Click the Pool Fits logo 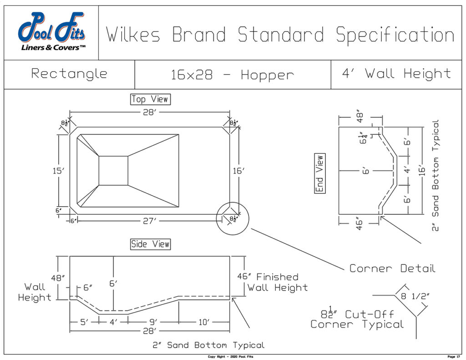click(51, 32)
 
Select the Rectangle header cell click(69, 74)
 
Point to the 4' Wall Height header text click(396, 74)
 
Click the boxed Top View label click(150, 99)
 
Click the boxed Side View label click(150, 244)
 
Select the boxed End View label click(319, 173)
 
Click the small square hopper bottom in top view click(113, 171)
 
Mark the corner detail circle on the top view click(233, 218)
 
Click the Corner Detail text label click(392, 269)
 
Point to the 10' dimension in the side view click(203, 322)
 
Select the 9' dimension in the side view click(153, 322)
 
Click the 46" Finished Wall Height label click(272, 282)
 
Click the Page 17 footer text click(454, 356)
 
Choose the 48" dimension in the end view click(360, 118)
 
